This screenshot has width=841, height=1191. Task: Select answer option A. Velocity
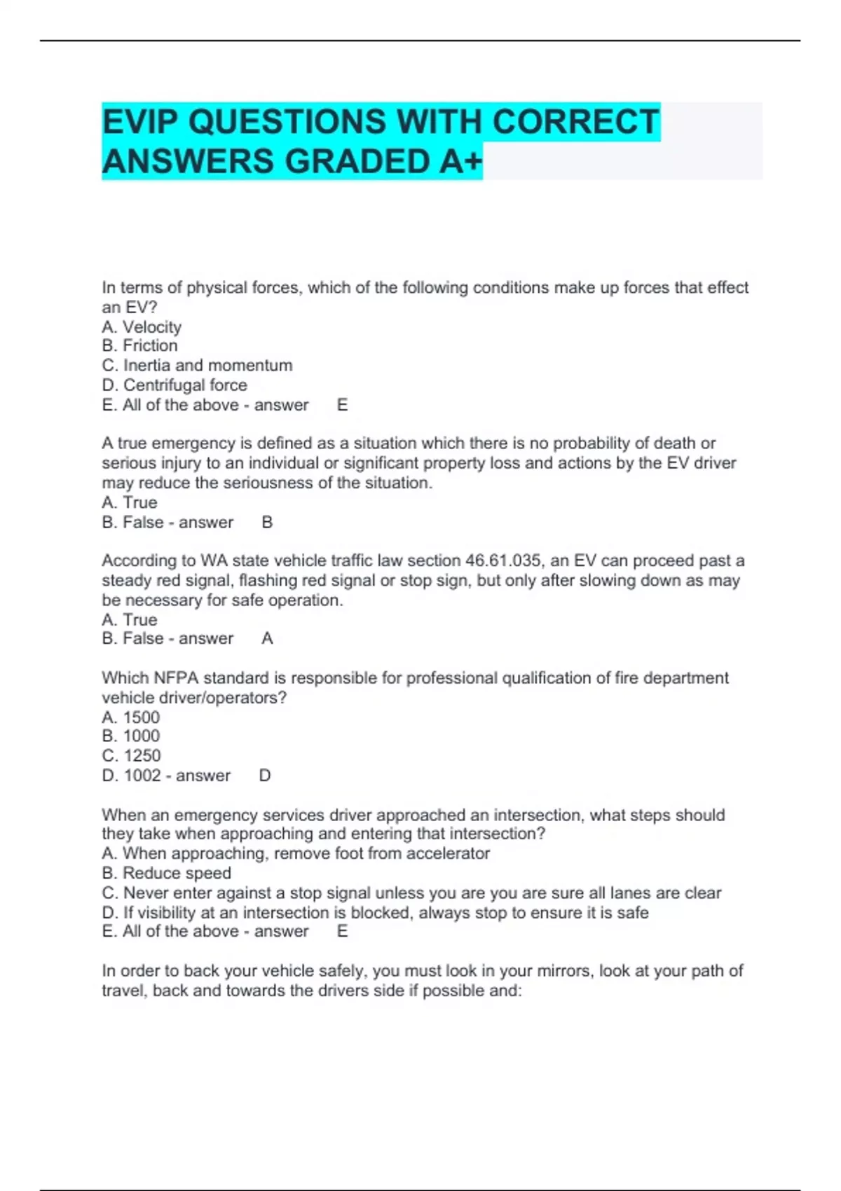[142, 327]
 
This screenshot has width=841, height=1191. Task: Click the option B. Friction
[139, 345]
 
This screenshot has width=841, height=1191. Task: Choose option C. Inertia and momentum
[197, 365]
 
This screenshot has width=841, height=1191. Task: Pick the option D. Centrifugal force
[175, 385]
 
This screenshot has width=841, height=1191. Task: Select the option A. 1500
[131, 717]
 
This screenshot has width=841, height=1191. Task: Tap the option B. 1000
[131, 736]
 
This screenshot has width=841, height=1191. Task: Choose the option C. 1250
[131, 755]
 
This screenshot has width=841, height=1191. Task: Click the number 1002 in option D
[142, 776]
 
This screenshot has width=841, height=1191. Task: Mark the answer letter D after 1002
[265, 776]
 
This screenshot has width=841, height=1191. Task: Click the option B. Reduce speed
[167, 873]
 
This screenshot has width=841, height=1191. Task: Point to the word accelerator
[448, 853]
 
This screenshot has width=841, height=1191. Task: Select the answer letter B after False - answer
[267, 522]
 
